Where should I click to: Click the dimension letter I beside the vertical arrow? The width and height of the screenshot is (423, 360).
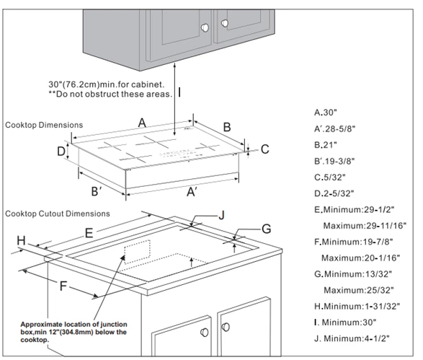179,92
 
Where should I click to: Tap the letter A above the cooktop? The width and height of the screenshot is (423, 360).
142,123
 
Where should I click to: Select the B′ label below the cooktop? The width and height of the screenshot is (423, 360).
97,191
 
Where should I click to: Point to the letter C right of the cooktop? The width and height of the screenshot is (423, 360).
265,149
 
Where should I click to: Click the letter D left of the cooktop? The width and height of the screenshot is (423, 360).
61,152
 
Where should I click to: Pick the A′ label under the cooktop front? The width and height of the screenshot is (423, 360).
192,192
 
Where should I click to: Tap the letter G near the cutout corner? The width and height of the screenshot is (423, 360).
266,229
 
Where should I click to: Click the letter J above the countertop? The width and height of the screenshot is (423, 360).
221,215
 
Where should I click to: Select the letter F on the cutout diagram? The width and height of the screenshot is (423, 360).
63,286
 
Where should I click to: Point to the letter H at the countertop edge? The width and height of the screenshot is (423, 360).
22,240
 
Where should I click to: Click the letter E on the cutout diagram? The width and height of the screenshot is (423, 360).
89,233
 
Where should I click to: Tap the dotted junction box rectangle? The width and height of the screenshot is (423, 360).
137,252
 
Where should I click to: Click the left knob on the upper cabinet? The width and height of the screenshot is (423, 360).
205,27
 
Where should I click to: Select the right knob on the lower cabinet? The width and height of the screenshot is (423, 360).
226,327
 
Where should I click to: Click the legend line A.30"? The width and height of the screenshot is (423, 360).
326,113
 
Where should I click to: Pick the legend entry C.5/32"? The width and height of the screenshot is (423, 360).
329,177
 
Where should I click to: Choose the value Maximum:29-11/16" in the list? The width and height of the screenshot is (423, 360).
365,226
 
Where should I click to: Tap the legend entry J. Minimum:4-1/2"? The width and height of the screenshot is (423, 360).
352,338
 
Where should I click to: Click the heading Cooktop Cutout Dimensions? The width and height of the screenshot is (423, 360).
58,214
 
